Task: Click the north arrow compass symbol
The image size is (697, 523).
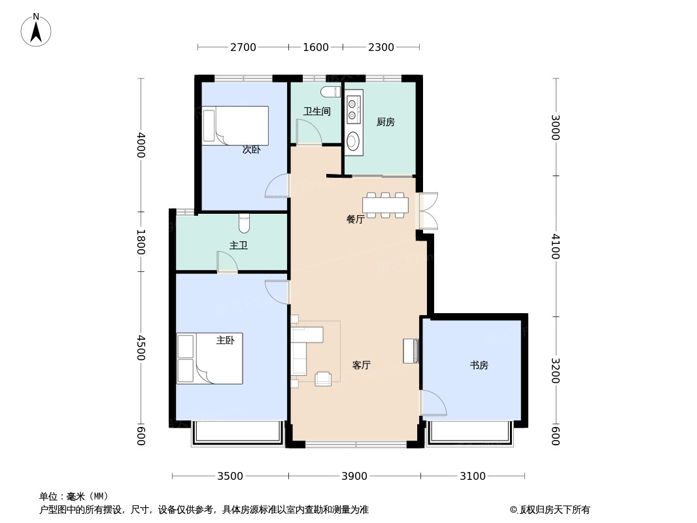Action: point(36,30)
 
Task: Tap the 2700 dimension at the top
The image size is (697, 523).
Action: point(243,47)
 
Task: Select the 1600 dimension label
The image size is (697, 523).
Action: point(316,47)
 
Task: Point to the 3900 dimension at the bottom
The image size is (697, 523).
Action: point(354,477)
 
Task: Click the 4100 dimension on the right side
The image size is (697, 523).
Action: point(555,246)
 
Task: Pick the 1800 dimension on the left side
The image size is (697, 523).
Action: point(141,242)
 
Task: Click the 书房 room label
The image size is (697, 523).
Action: point(479,365)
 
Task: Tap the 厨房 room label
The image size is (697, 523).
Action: point(385,122)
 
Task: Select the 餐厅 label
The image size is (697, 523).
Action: point(355,219)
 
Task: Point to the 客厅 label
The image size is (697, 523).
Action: point(362,365)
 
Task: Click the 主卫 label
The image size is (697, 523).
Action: point(238,245)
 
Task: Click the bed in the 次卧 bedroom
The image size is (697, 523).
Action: point(235,126)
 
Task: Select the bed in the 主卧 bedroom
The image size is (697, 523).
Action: point(210,359)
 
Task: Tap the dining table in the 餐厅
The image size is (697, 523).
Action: point(385,205)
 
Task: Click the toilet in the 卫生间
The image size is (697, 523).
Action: point(331,92)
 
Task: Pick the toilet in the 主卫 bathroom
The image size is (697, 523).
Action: point(244,224)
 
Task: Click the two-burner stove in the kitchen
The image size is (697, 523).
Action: point(352,109)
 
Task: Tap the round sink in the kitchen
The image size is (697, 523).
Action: point(352,141)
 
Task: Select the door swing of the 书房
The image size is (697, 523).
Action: point(434,403)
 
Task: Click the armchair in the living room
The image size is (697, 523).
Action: point(323,379)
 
